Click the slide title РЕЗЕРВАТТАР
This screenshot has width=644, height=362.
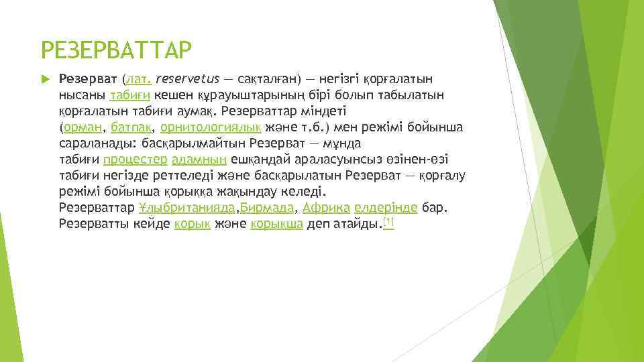click(x=117, y=50)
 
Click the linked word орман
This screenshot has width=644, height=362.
click(x=83, y=127)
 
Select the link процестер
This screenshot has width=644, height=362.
click(x=136, y=160)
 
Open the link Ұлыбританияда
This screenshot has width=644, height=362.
click(x=188, y=208)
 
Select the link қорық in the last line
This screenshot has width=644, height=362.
click(x=193, y=224)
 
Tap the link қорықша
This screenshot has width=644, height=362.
click(x=276, y=224)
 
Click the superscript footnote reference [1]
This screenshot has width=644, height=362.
click(x=388, y=221)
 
